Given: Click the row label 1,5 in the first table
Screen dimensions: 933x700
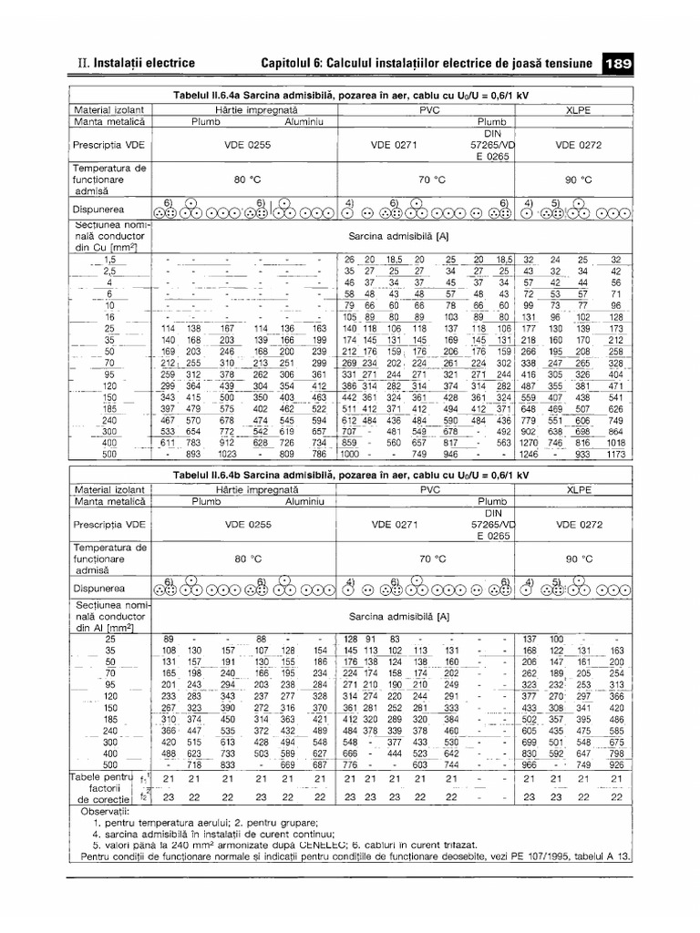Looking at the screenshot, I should point(111,260).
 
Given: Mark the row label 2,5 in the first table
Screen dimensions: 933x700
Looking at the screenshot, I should point(111,272).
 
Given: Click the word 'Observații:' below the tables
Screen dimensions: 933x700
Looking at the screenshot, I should point(106,809).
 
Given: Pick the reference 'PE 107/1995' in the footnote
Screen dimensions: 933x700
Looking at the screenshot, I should point(520,856).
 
